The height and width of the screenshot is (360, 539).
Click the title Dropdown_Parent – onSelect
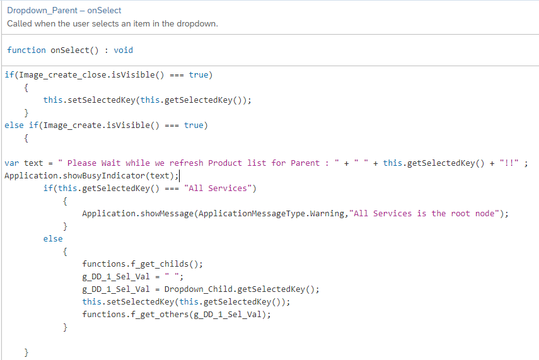pos(64,10)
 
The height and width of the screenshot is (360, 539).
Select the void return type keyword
pos(124,50)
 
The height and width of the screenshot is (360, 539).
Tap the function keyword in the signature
pos(26,50)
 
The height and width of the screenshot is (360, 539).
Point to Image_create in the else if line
pos(72,125)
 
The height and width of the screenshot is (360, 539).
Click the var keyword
pos(12,163)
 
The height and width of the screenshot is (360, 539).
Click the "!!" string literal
pos(509,163)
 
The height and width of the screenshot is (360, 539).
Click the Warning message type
pos(327,214)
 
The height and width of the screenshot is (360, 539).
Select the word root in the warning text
pos(460,214)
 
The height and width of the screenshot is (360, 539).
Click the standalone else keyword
pos(53,238)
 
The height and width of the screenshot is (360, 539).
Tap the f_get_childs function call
pos(159,264)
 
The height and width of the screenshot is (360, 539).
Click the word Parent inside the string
pos(305,163)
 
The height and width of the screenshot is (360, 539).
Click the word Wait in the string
pos(111,163)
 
